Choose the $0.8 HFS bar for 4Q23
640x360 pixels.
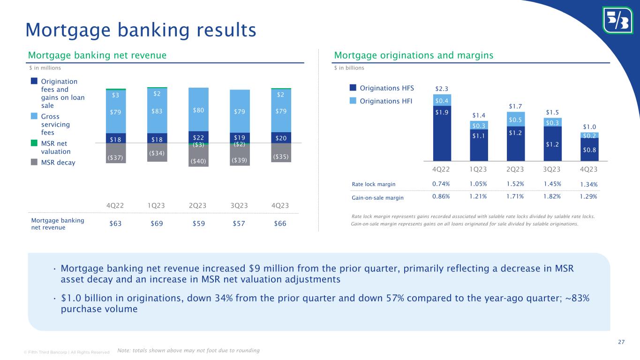pyautogui.click(x=589, y=150)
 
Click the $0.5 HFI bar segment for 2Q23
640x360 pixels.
pyautogui.click(x=516, y=119)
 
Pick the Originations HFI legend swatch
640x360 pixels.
pyautogui.click(x=353, y=100)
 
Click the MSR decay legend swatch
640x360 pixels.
pyautogui.click(x=34, y=162)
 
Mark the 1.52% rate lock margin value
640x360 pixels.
pyautogui.click(x=516, y=184)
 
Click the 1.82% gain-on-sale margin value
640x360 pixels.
pyautogui.click(x=552, y=197)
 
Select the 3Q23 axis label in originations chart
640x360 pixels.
pyautogui.click(x=552, y=168)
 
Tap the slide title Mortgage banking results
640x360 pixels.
pyautogui.click(x=141, y=30)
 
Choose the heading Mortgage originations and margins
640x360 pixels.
pyautogui.click(x=414, y=56)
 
